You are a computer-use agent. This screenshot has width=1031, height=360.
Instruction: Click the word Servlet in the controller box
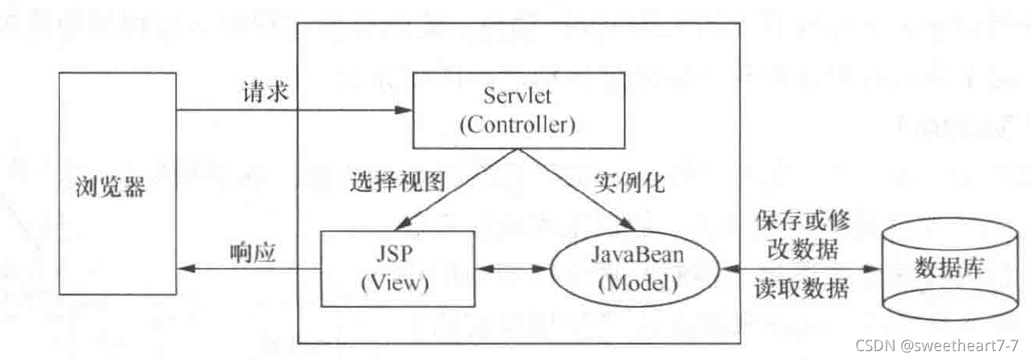[x=517, y=97]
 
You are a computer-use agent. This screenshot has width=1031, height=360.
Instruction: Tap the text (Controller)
[x=517, y=125]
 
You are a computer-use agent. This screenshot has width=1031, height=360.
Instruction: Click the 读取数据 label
[x=801, y=287]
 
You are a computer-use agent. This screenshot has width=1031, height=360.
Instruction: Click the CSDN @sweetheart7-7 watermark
[x=929, y=345]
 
